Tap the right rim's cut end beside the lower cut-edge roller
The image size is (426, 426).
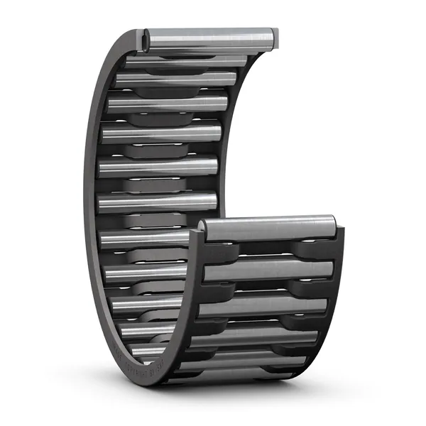[x=339, y=234]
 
